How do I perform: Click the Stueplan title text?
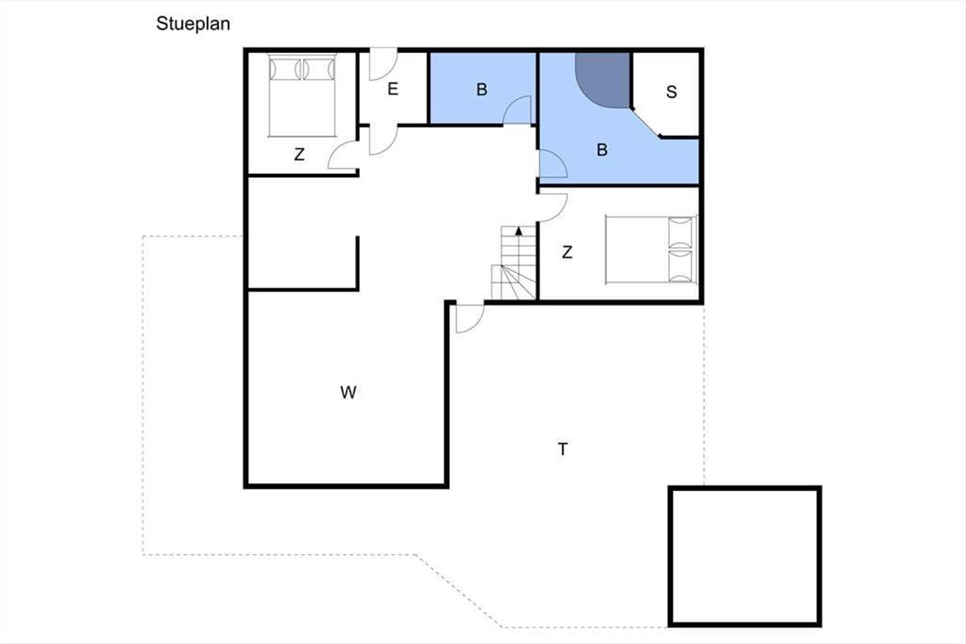[192, 23]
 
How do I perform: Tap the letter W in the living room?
[348, 393]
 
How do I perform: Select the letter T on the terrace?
[563, 449]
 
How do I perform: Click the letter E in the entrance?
[393, 89]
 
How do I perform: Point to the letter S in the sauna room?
[671, 92]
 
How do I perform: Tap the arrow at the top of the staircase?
[518, 231]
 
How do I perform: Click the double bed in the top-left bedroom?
[302, 95]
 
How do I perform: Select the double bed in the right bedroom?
[651, 250]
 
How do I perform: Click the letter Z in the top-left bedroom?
[299, 155]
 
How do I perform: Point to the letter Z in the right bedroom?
[567, 252]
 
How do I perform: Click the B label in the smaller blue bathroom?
[481, 89]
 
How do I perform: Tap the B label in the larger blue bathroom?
[602, 150]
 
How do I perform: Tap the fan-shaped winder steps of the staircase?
[514, 282]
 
